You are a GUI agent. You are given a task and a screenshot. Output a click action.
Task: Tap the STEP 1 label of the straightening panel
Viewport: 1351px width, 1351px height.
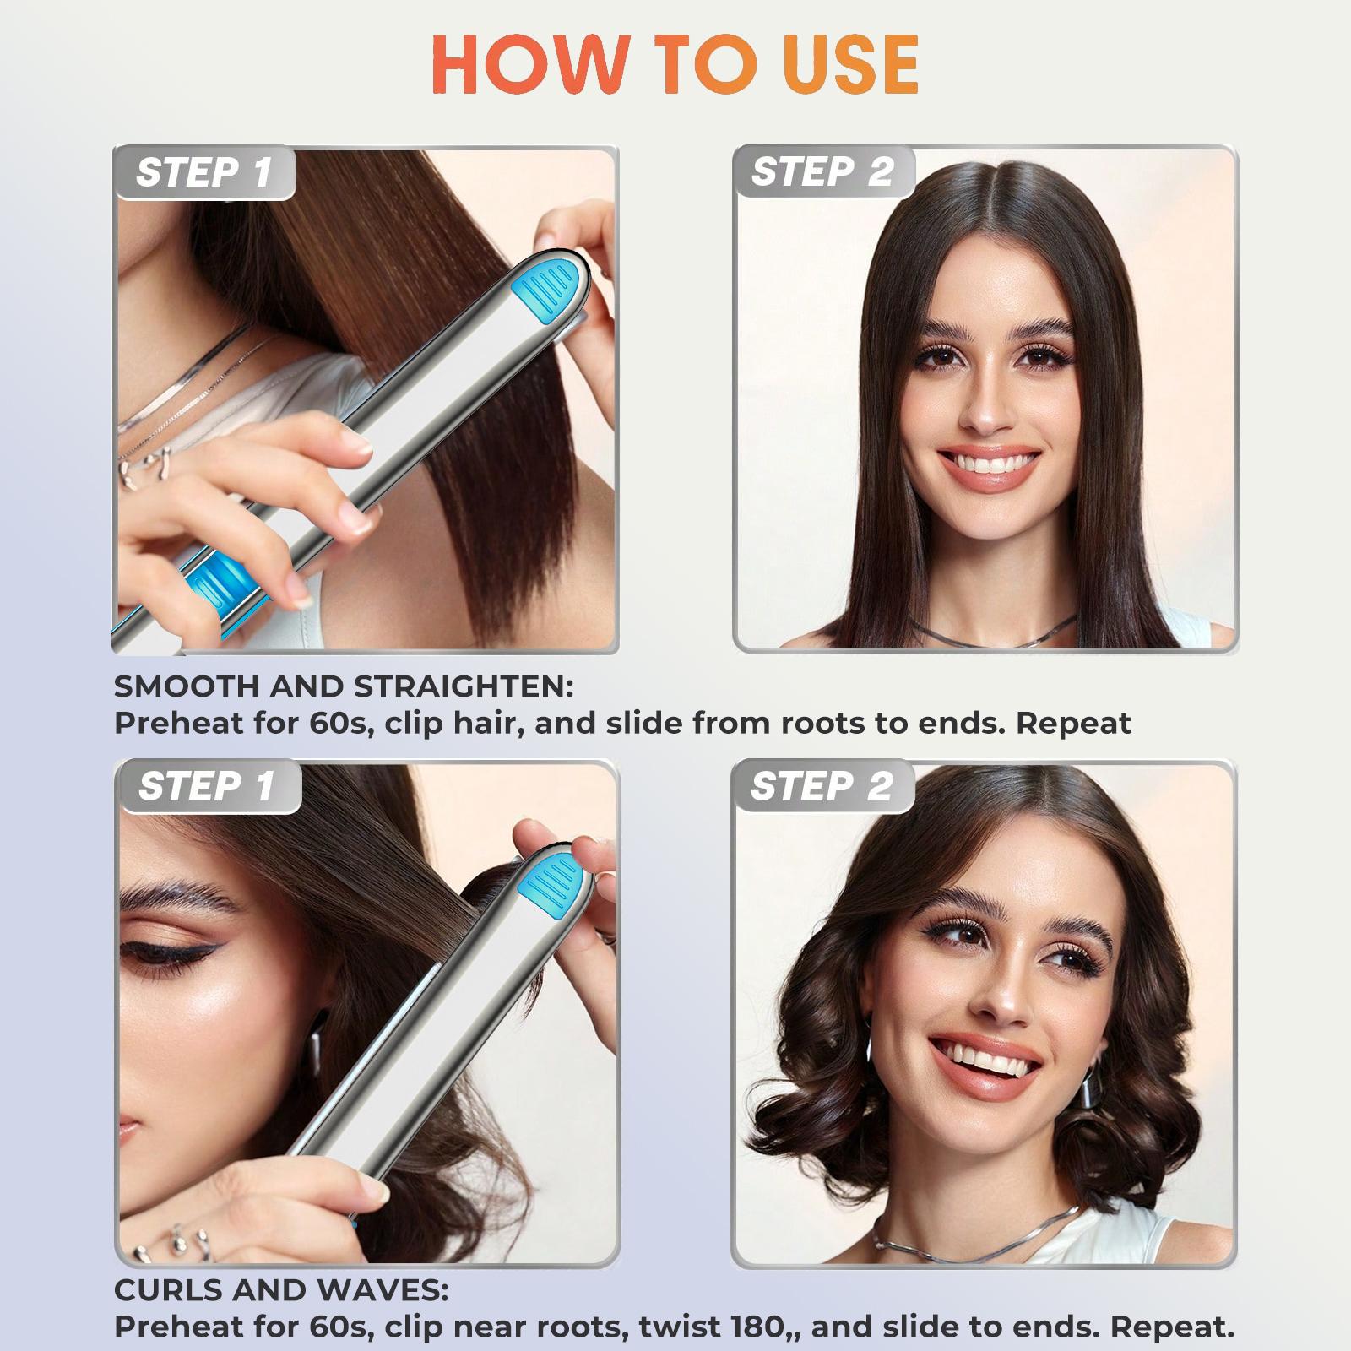(x=204, y=173)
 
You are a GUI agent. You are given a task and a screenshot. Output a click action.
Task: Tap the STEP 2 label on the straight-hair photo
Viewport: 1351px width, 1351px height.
(x=822, y=172)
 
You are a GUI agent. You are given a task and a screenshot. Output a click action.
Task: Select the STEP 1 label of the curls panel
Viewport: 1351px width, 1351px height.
(x=207, y=787)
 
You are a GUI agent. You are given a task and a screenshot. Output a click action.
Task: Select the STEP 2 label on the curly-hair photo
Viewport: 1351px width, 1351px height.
(x=822, y=787)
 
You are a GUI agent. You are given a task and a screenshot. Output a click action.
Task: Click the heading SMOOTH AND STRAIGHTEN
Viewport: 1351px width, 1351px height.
(x=344, y=686)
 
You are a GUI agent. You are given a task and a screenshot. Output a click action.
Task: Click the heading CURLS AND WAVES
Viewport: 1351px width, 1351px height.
(x=281, y=1290)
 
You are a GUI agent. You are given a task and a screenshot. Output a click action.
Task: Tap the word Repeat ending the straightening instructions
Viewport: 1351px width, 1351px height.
(x=1073, y=724)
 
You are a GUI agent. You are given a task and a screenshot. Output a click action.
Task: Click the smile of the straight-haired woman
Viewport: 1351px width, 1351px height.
(x=988, y=464)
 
